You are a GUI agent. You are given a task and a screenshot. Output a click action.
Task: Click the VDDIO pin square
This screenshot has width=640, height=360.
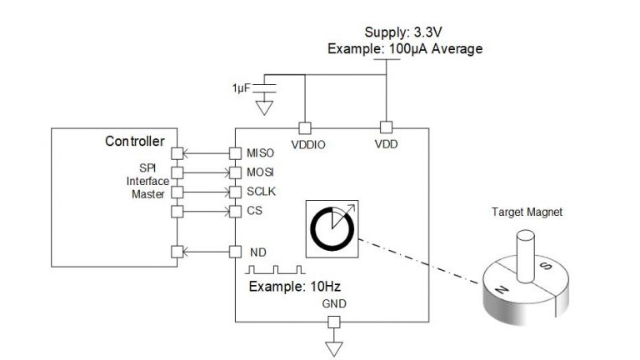305,128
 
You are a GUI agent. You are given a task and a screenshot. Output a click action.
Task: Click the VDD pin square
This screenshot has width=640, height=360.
386,127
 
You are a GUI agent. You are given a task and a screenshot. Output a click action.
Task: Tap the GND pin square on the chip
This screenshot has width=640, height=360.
334,322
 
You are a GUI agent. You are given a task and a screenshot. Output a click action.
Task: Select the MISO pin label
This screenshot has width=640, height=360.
260,153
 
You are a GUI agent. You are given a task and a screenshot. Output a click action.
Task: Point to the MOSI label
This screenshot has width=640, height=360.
260,172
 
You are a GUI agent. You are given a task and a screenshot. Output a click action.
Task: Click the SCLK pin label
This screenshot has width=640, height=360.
261,192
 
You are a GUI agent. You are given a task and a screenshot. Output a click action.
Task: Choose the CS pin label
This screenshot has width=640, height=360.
255,211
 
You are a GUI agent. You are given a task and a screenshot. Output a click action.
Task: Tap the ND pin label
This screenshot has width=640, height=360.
258,252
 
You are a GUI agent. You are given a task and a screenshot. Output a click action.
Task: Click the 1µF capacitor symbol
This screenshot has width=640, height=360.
264,88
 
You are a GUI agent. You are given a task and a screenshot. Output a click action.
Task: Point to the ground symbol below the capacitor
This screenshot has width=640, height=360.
264,107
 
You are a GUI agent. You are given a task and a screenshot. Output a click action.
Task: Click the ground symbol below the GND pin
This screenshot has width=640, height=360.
334,349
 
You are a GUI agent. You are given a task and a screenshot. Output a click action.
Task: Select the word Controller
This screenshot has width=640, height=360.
135,141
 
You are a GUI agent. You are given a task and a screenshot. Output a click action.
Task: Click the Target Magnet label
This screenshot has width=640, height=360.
527,212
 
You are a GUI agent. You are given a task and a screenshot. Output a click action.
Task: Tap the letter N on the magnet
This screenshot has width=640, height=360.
502,290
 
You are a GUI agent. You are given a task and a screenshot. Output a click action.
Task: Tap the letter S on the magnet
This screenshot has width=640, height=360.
546,266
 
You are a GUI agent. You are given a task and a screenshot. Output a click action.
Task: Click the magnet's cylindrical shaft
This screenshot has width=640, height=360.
525,257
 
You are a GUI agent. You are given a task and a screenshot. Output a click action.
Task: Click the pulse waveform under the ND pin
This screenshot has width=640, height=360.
276,270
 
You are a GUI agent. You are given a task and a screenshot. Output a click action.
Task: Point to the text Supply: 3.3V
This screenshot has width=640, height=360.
403,32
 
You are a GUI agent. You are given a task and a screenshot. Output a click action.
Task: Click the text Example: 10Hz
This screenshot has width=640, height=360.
295,287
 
